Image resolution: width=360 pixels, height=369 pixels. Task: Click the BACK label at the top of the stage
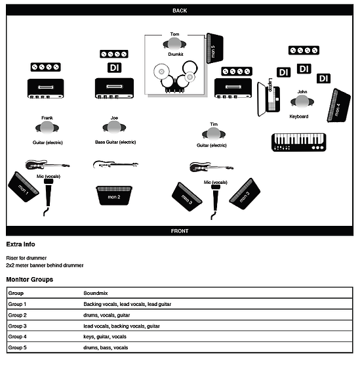[x=179, y=11]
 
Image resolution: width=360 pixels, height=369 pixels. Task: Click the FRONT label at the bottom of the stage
[x=179, y=231]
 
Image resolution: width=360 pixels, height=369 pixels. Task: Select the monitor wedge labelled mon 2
[x=114, y=196]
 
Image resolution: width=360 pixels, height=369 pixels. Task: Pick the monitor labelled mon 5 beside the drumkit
[x=214, y=48]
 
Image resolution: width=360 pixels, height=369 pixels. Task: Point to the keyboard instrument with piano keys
[x=298, y=142]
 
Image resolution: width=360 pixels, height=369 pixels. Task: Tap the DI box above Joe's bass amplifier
[x=114, y=67]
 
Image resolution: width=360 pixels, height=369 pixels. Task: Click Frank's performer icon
[x=47, y=127]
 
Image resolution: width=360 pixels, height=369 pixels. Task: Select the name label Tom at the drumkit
[x=174, y=33]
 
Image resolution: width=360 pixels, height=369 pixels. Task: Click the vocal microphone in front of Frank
[x=49, y=194]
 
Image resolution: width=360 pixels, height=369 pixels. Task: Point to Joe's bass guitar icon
[x=115, y=164]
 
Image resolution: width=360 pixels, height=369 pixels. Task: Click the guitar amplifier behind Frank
[x=45, y=87]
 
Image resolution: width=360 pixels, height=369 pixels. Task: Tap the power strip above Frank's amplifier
[x=45, y=67]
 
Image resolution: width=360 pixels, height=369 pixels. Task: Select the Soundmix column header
[x=96, y=293]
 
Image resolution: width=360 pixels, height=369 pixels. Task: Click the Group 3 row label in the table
[x=17, y=326]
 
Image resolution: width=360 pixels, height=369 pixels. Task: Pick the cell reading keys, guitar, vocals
[x=105, y=336]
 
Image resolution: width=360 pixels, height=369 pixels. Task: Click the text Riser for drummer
[x=27, y=258]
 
